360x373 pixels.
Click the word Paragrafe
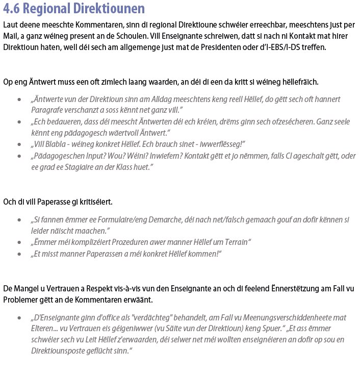click(48, 110)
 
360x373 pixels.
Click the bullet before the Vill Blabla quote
click(19, 144)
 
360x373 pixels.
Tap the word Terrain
click(233, 242)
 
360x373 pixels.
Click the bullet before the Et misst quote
click(19, 254)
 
